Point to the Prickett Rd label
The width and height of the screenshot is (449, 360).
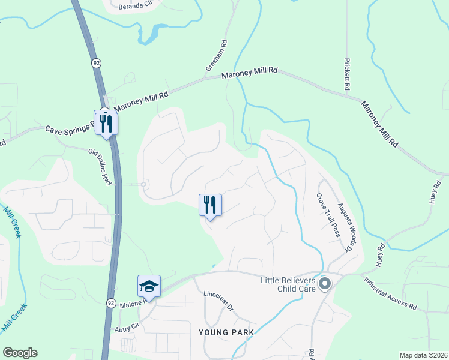pos(347,74)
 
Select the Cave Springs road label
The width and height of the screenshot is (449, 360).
pos(71,128)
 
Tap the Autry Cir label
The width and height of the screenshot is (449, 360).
pos(127,328)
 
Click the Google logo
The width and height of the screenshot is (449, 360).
pos(20,353)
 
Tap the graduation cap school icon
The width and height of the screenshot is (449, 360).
pos(149,286)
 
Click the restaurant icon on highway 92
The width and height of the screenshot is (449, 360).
pos(106,124)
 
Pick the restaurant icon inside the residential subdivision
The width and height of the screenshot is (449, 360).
pos(210,205)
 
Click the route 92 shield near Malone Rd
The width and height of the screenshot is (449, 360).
pos(112,304)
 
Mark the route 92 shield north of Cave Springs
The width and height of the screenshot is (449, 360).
pos(96,62)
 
